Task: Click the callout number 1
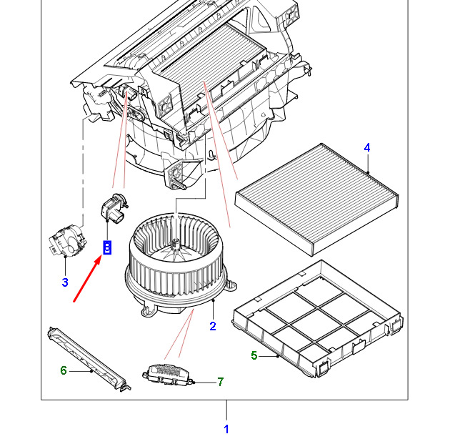pyautogui.click(x=226, y=429)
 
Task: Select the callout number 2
pyautogui.click(x=212, y=327)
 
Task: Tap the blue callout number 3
pyautogui.click(x=64, y=282)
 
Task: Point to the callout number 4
pyautogui.click(x=367, y=148)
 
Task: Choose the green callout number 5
pyautogui.click(x=254, y=355)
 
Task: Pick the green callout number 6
pyautogui.click(x=63, y=370)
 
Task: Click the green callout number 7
pyautogui.click(x=220, y=383)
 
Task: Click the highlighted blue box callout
pyautogui.click(x=107, y=247)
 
